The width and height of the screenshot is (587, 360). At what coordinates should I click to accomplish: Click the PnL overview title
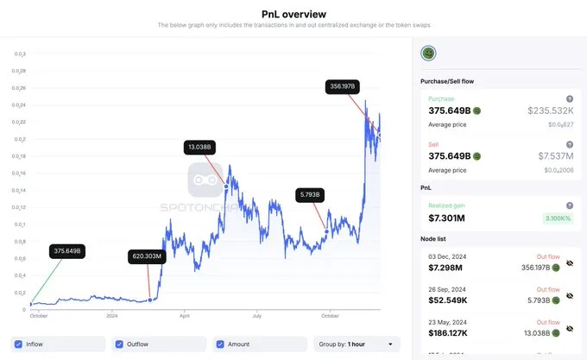(x=293, y=14)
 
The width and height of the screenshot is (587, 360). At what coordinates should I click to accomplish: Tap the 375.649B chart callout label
(x=66, y=251)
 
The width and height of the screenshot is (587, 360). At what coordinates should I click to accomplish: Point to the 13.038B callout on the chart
(x=202, y=148)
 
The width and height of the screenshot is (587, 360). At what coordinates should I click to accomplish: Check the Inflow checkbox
(x=19, y=344)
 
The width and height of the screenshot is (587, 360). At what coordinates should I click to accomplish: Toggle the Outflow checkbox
(x=119, y=344)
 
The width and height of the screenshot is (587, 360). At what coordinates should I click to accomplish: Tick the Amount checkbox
(x=221, y=344)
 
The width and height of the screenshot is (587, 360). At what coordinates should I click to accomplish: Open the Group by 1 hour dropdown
(x=357, y=344)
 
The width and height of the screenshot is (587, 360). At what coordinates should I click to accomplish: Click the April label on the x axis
(x=183, y=317)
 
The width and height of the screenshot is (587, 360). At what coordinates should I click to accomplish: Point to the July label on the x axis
(x=256, y=317)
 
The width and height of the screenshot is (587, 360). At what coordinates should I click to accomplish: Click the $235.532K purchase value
(x=551, y=111)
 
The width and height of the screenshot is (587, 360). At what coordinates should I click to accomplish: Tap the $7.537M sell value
(x=557, y=156)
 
